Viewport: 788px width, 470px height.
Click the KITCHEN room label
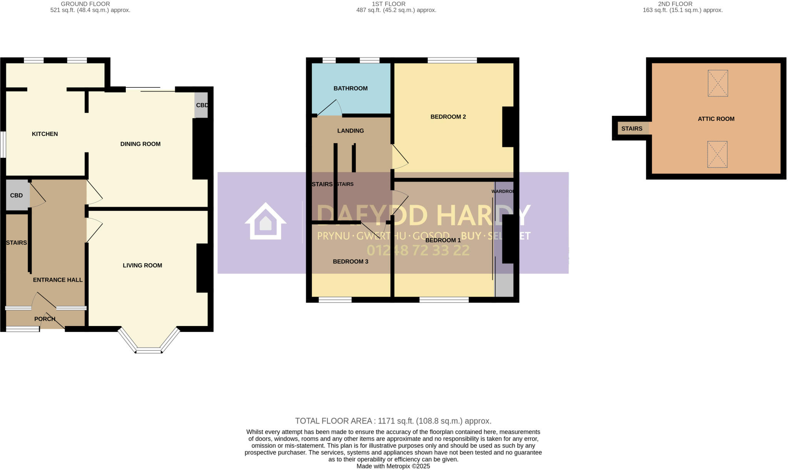pyautogui.click(x=45, y=134)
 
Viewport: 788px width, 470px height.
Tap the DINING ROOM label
pyautogui.click(x=140, y=144)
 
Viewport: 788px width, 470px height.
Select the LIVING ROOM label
pyautogui.click(x=142, y=265)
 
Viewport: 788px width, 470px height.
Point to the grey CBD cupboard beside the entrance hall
pyautogui.click(x=17, y=195)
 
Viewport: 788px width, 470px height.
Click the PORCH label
pyautogui.click(x=45, y=319)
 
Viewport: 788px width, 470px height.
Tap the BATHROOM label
pyautogui.click(x=350, y=88)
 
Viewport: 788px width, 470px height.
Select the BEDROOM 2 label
pyautogui.click(x=448, y=117)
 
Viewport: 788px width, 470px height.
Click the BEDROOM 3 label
pyautogui.click(x=350, y=261)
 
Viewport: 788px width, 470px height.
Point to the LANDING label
pyautogui.click(x=350, y=130)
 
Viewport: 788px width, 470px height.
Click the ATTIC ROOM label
pyautogui.click(x=716, y=119)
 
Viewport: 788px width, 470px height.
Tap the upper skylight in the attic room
pyautogui.click(x=718, y=83)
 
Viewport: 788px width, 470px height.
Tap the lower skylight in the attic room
pyautogui.click(x=717, y=154)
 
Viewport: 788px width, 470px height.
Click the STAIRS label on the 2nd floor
pyautogui.click(x=631, y=129)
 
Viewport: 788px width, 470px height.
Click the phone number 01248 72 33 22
pyautogui.click(x=418, y=251)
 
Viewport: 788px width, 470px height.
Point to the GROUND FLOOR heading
pyautogui.click(x=85, y=4)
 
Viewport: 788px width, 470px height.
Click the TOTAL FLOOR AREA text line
pyautogui.click(x=393, y=421)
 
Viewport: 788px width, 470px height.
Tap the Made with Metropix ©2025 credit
pyautogui.click(x=393, y=466)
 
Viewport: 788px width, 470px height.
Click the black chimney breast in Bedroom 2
pyautogui.click(x=508, y=127)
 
